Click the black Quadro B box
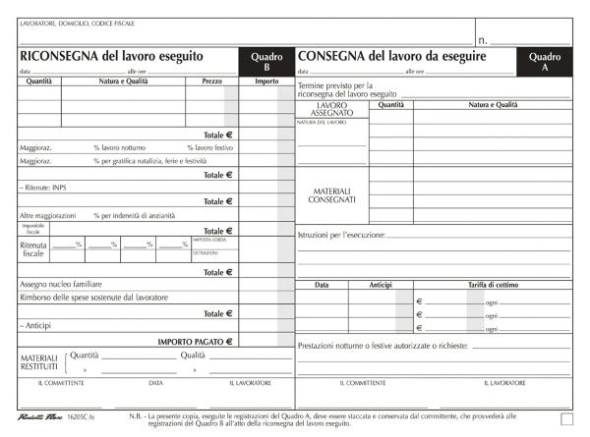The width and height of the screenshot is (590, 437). click(265, 62)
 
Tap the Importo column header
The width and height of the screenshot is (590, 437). click(265, 82)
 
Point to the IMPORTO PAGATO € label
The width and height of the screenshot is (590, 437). click(196, 341)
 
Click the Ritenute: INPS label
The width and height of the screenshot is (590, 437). click(41, 187)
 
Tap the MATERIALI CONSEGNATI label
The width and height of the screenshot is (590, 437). click(332, 195)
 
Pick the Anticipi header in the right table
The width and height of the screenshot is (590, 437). click(380, 285)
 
